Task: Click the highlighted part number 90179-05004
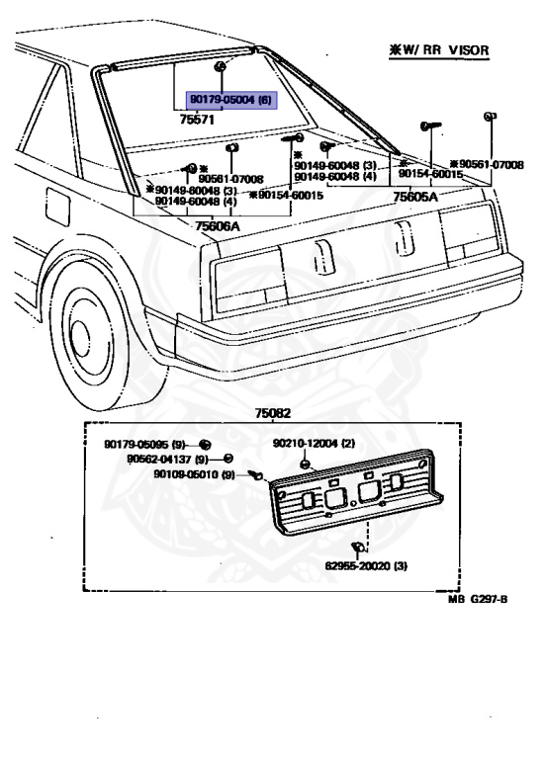click(230, 99)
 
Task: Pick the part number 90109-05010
click(193, 474)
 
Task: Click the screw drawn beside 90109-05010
click(253, 475)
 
